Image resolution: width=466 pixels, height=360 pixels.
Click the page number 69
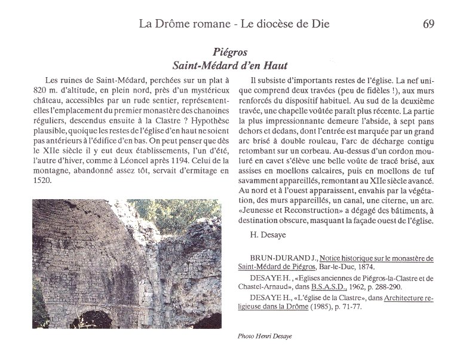coord(427,25)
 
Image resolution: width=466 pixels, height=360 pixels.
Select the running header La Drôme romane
coord(182,25)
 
